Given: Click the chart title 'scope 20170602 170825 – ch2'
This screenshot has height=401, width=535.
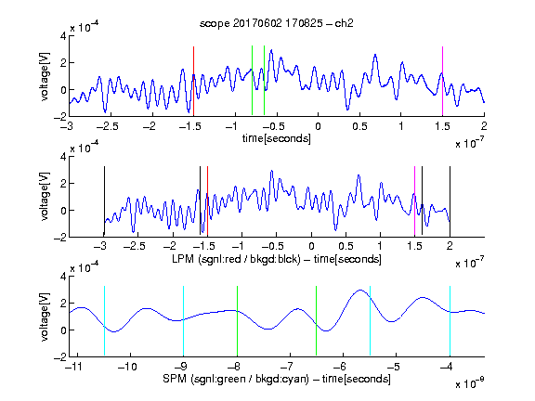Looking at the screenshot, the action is coord(277,23).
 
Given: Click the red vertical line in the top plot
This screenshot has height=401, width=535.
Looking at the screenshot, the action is coord(193,81).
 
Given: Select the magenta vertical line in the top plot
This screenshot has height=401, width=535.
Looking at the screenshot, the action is coord(442,81).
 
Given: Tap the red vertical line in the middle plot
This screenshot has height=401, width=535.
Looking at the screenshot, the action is coord(207,201).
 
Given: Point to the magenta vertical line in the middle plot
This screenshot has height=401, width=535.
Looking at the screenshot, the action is coord(414,201).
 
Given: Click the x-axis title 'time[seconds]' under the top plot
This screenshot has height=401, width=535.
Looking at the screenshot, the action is coord(277,138).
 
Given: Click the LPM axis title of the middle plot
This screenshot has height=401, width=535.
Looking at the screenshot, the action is coord(277,259).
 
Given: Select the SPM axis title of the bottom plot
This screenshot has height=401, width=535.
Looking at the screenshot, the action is coord(277,379).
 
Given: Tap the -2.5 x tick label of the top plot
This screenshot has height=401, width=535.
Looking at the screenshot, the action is coord(107,126).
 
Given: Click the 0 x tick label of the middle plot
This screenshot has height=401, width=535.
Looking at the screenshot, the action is coord(311,246).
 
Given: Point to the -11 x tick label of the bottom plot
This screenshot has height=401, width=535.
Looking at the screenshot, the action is coord(75,367).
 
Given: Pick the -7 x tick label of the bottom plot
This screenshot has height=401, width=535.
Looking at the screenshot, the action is coord(287,367).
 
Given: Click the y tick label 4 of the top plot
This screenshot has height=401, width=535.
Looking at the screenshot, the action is coord(63,36).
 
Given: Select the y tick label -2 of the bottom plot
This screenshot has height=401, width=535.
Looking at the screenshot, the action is coord(60,357).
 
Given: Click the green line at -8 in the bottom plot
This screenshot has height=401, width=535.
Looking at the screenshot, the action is coord(237,320).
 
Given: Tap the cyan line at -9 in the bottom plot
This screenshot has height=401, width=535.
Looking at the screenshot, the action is coord(183,320).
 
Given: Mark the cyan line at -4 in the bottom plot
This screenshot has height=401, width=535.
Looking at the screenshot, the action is coord(450,320).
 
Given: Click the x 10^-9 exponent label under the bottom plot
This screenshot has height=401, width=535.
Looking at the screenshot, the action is coord(470,382).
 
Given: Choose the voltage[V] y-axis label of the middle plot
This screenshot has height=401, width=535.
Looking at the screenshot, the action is coord(45,197).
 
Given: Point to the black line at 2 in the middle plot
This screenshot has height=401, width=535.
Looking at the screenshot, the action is coord(450,201).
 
